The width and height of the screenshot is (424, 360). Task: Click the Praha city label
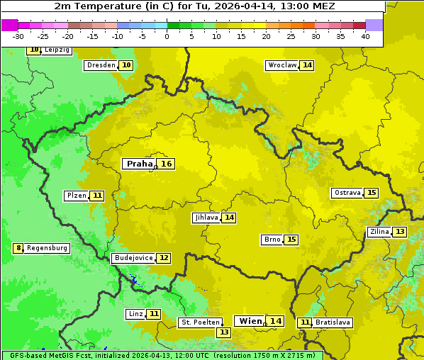[139, 164]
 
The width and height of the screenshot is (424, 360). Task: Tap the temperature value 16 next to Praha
[166, 164]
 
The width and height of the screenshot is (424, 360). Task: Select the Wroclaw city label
[281, 65]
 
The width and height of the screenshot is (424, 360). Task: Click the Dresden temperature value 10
[126, 65]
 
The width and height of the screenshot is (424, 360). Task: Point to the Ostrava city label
[347, 193]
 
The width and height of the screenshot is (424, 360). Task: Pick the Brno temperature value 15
[291, 240]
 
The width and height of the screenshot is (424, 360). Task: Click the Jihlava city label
[206, 218]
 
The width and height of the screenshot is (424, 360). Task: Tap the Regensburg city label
[48, 248]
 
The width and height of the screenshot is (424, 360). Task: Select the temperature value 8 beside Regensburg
[18, 248]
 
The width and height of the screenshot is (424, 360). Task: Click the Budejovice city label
[133, 258]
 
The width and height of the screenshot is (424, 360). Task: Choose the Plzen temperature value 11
[97, 196]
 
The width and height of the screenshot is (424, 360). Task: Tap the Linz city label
[135, 314]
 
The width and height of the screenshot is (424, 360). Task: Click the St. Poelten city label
[199, 322]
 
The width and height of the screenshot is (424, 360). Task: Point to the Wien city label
[250, 321]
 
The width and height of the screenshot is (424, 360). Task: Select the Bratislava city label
[333, 322]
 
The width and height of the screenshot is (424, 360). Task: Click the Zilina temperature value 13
[400, 232]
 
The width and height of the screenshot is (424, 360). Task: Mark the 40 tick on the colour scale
[365, 35]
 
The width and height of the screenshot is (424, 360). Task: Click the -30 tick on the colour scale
[18, 35]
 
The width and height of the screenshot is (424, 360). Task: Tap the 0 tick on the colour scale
[167, 35]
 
